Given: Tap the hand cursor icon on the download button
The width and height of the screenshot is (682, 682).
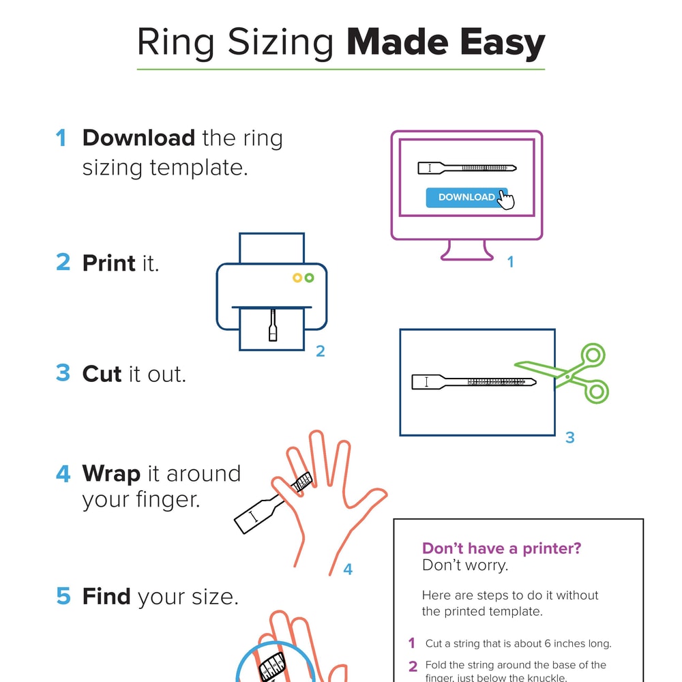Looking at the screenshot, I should (x=505, y=200).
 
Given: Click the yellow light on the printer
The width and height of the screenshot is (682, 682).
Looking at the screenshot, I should (x=297, y=278).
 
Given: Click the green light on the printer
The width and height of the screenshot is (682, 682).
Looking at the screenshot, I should (x=310, y=278).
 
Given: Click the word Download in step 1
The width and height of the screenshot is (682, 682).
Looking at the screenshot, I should (x=138, y=138).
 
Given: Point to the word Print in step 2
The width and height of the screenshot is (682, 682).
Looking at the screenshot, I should (x=109, y=263).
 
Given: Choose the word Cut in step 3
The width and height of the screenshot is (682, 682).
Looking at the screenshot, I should (x=102, y=374).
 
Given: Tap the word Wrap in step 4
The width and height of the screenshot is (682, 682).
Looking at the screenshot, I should (x=111, y=473).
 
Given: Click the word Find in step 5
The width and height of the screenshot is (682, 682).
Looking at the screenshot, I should (x=106, y=597).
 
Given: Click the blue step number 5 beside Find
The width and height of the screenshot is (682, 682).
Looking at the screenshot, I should (x=63, y=597).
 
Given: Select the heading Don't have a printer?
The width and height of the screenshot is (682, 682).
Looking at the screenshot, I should (x=501, y=548).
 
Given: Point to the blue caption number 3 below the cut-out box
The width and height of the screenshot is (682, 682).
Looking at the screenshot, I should (x=570, y=438).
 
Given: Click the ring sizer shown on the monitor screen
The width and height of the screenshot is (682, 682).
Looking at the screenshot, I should (x=466, y=168).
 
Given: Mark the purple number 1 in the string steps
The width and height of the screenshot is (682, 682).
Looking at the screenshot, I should (x=412, y=643).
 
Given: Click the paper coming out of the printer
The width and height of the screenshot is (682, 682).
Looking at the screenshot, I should (x=271, y=329).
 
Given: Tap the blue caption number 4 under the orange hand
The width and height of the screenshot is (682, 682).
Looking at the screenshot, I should (x=348, y=569).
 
